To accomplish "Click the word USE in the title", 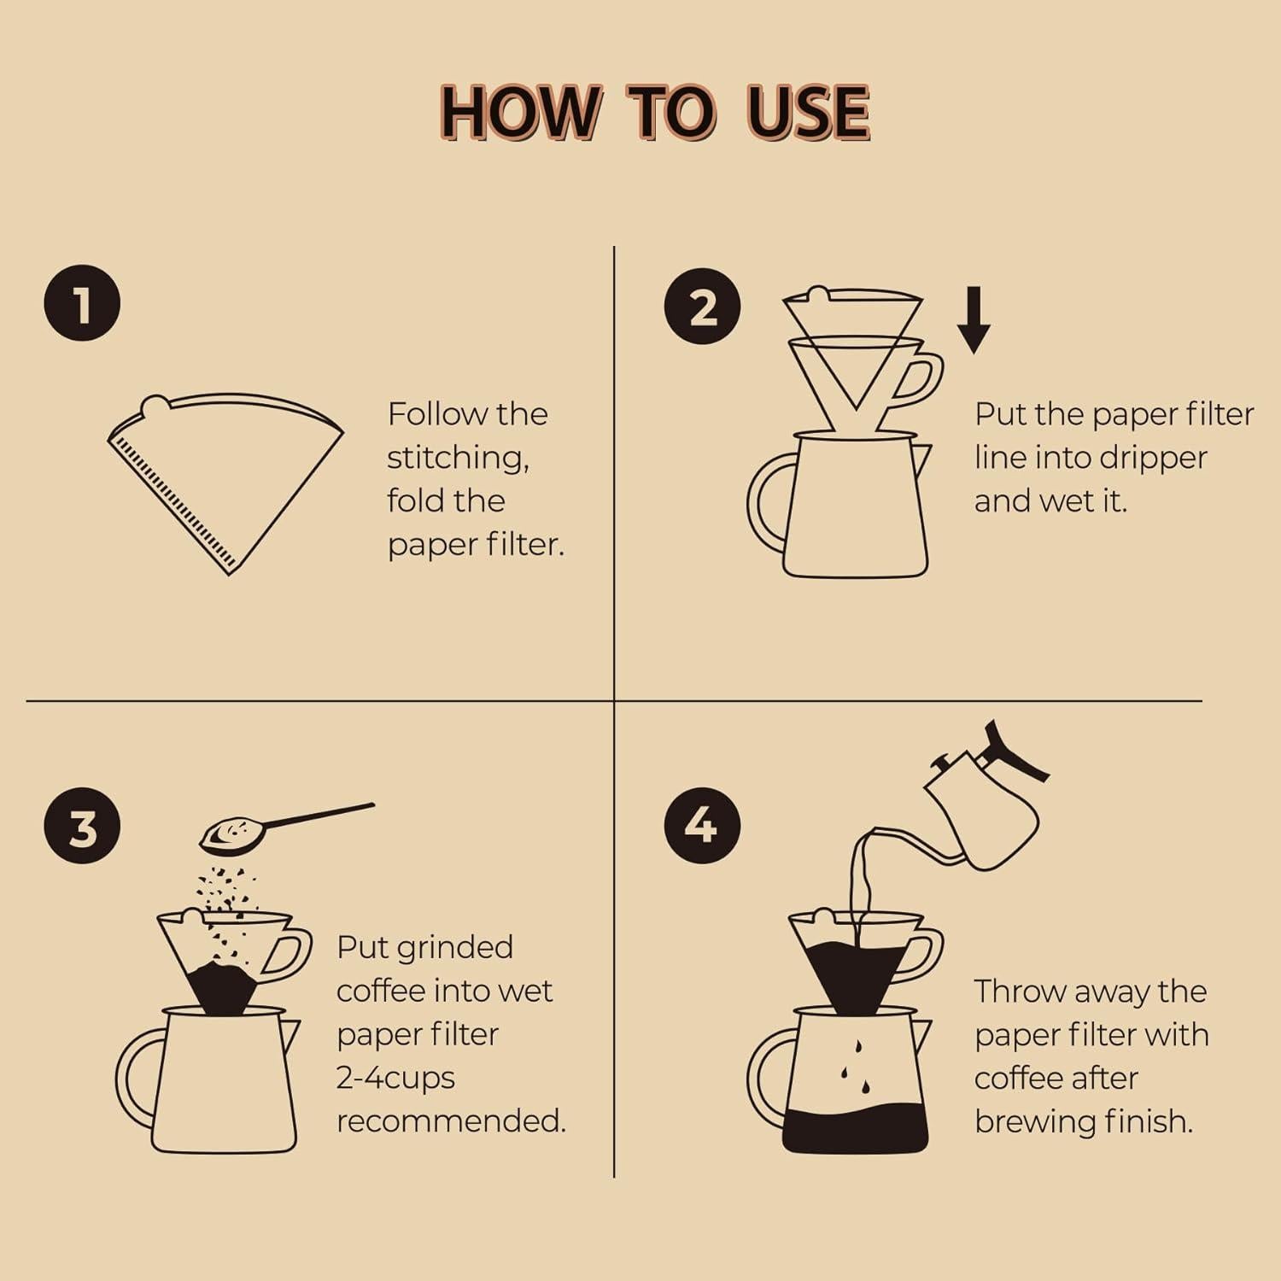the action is click(809, 113).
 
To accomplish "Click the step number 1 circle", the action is click(82, 304).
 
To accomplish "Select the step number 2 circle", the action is click(702, 306).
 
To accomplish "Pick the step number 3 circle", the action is click(82, 826).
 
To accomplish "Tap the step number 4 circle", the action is click(702, 826).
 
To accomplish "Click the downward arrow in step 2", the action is click(974, 320).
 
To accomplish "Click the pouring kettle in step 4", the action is click(982, 798).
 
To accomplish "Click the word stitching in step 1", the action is click(458, 459).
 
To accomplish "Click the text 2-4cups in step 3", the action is click(395, 1078).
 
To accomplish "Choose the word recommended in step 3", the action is click(451, 1120).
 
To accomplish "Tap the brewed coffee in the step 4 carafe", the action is click(855, 1128).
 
